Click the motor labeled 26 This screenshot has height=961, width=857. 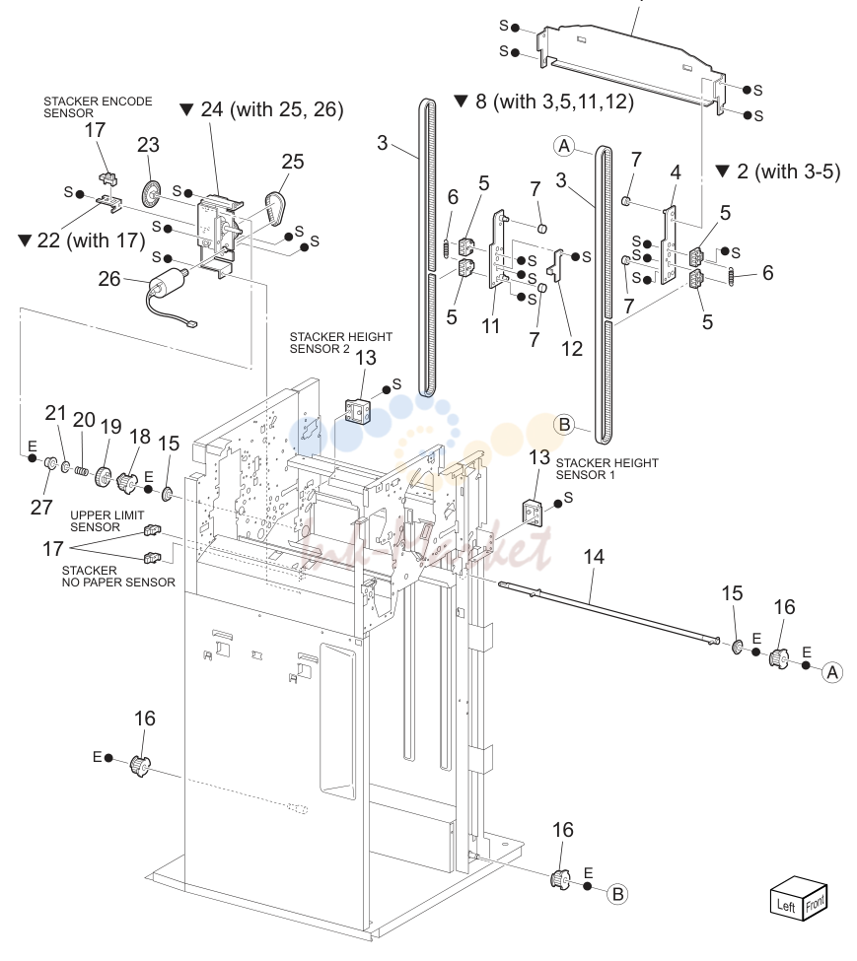tap(166, 288)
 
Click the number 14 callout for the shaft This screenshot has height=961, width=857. tap(594, 557)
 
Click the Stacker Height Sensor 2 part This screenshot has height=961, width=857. tap(357, 410)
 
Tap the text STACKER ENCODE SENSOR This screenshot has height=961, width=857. tap(98, 106)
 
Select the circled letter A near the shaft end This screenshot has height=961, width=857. tap(832, 672)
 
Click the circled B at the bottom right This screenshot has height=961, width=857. tap(618, 894)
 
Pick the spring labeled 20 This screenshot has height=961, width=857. tap(82, 471)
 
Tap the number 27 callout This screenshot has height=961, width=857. tap(41, 508)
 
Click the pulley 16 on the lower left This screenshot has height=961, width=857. tap(140, 766)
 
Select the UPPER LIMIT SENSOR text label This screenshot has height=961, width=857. tap(107, 521)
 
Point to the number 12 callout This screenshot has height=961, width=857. tap(572, 348)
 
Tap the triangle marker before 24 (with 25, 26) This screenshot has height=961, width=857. tap(187, 109)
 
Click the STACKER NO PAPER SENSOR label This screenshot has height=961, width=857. tap(118, 577)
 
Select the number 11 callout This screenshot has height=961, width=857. tap(490, 326)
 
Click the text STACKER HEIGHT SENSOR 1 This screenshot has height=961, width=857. tap(607, 469)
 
